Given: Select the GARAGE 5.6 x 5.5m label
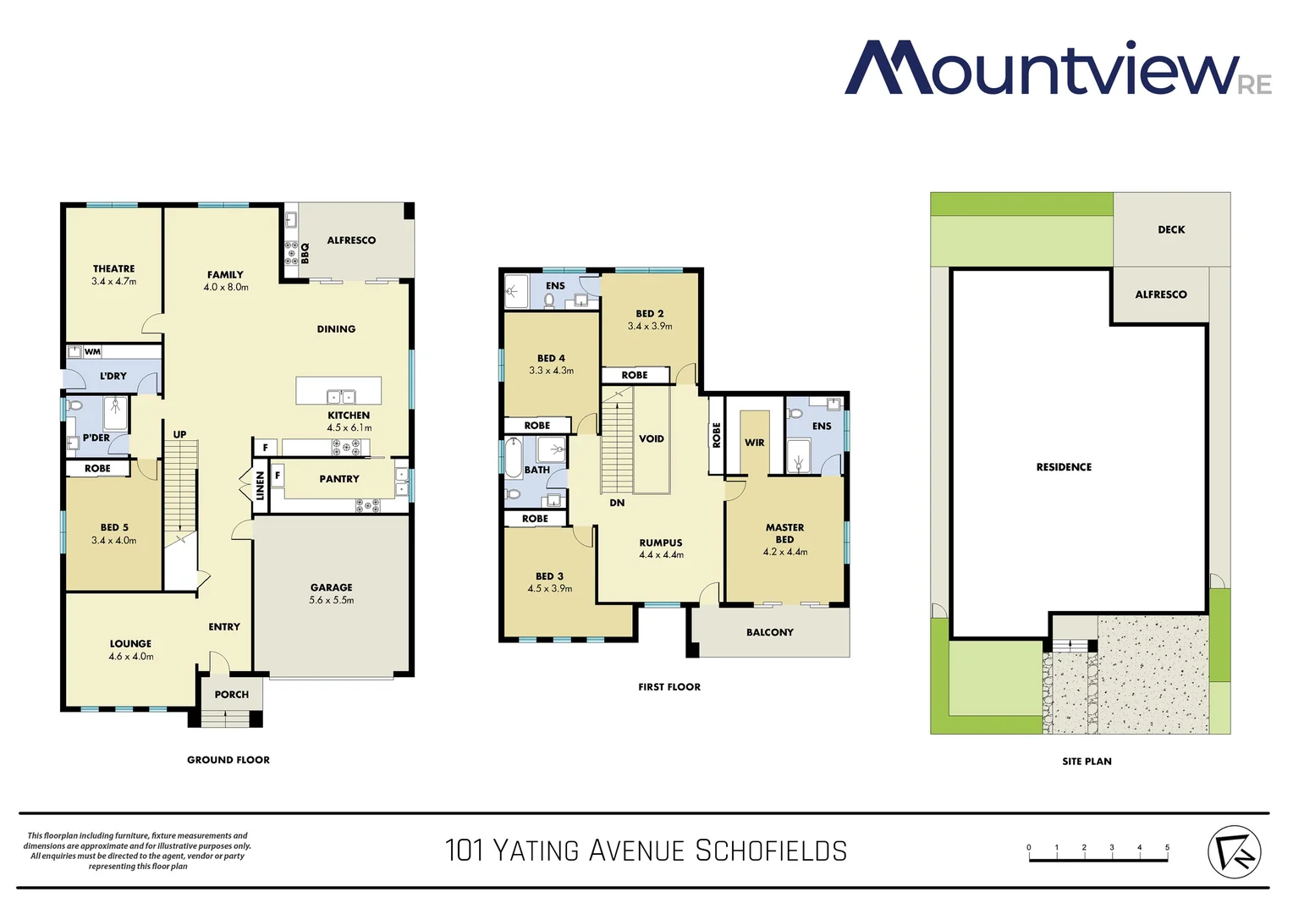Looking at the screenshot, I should click(331, 593).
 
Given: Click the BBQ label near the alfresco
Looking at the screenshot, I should click(305, 253).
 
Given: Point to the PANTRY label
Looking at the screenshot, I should click(339, 479).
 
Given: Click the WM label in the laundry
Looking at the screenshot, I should click(92, 352).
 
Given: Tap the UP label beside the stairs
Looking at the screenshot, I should click(179, 435).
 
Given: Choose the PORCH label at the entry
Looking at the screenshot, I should click(231, 695).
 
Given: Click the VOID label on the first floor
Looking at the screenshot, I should click(652, 439).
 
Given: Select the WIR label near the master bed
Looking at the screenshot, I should click(755, 443).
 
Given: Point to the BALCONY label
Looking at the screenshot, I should click(770, 632).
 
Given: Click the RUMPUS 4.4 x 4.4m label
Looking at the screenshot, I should click(661, 548).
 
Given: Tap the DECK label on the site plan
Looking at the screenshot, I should click(1171, 229).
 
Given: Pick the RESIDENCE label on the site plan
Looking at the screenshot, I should click(1064, 467).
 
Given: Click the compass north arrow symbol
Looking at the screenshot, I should click(1234, 851).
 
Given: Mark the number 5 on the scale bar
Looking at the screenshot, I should click(1167, 847).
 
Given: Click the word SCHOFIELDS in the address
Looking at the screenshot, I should click(771, 851).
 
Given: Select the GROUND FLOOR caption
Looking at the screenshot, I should click(228, 760).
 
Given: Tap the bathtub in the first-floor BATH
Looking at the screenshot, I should click(513, 457).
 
